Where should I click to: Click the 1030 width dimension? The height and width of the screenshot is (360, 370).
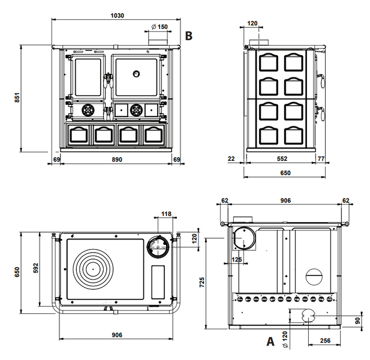pos(118,16)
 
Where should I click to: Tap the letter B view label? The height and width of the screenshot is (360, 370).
pos(188,36)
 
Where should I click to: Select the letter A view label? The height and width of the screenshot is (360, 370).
pos(270,341)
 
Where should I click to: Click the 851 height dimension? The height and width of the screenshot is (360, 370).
pos(17,97)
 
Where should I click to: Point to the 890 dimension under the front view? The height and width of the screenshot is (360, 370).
pos(117,160)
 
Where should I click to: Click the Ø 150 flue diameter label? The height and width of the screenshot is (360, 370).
pos(160,26)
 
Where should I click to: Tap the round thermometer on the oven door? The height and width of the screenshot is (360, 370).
pos(136,74)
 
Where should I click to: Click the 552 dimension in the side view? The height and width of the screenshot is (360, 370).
pos(282,158)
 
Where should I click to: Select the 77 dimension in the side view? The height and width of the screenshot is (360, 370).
pos(321,158)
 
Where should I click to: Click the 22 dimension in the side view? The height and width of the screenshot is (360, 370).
pos(231,158)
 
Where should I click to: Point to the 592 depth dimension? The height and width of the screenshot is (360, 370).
pos(35,268)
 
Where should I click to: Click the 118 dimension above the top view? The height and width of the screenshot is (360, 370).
pos(166,214)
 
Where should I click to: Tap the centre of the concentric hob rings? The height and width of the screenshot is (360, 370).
pos(93,269)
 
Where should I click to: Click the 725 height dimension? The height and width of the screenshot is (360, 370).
pos(202,283)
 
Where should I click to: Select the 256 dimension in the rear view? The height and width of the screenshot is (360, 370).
pos(325,341)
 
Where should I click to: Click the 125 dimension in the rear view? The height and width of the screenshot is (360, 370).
pos(237,260)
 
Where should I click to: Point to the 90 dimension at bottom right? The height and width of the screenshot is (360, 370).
pos(358,321)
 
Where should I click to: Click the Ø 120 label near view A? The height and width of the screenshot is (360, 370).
pos(285,339)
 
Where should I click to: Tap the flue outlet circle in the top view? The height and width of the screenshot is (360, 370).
pos(158,247)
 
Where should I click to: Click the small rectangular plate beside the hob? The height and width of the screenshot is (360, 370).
pos(158,282)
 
